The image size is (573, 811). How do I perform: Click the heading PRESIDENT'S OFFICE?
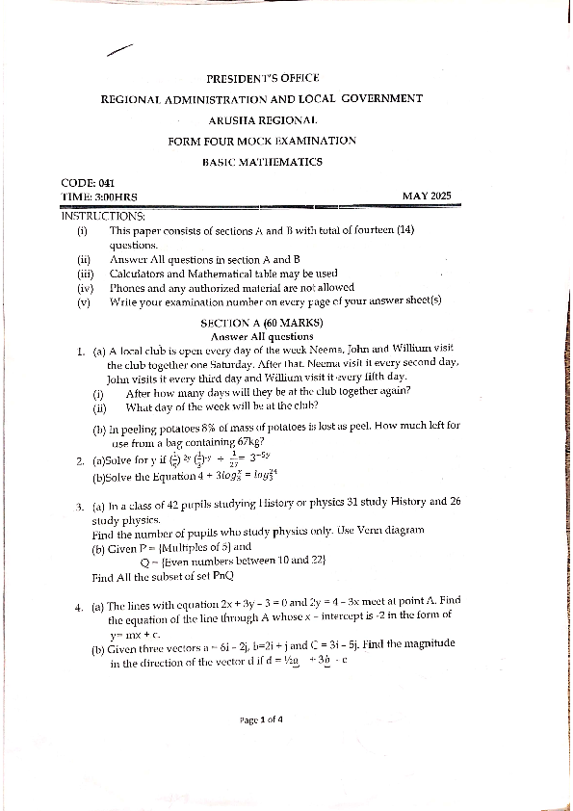coord(262,78)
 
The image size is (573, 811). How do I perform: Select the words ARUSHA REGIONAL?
coord(262,119)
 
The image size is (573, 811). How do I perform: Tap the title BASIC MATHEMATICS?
coord(262,162)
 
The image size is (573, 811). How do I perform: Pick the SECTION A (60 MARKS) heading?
coord(262,323)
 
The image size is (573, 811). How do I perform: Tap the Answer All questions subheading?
coord(262,336)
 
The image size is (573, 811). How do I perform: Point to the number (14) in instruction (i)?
coord(405,230)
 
